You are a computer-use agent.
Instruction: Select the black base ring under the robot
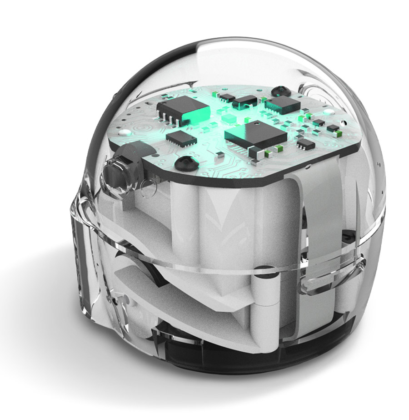(x=254, y=359)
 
